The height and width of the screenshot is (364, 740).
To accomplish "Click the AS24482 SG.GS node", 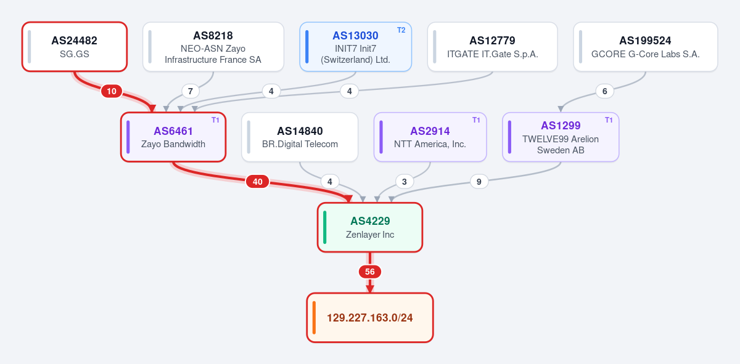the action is point(75,47).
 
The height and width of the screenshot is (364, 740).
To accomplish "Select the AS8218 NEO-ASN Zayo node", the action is point(213,47).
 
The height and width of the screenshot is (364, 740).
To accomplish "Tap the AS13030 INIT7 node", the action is point(355,47).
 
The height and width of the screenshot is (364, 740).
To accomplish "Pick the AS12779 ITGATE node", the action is point(492,47).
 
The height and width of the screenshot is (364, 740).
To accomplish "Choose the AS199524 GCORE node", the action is point(646,47).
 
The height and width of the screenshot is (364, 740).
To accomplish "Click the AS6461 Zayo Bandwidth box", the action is point(173,137).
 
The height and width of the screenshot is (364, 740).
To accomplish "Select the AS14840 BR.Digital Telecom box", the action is point(300,137).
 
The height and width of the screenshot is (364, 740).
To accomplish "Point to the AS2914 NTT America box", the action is point(430,137).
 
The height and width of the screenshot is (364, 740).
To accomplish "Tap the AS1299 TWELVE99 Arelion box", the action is point(561,137).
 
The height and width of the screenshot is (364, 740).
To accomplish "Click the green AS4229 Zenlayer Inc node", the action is point(370,227).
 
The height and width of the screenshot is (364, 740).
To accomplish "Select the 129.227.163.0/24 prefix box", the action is point(370,317).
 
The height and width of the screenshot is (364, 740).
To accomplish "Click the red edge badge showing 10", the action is point(112,91).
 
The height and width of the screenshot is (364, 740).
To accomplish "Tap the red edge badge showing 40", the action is point(258,182).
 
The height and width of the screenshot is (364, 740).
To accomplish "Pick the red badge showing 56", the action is point(370,272).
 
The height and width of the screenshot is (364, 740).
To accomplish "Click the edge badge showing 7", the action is point(191,91).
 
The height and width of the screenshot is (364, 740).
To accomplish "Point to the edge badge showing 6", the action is point(604,91).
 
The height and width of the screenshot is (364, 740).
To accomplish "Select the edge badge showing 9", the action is point(479,182).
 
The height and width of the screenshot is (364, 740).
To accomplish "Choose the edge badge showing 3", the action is point(404,182).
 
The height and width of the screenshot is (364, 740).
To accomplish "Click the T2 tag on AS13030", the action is point(401,30).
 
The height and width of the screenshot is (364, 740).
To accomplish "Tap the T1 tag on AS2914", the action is point(476,120).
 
